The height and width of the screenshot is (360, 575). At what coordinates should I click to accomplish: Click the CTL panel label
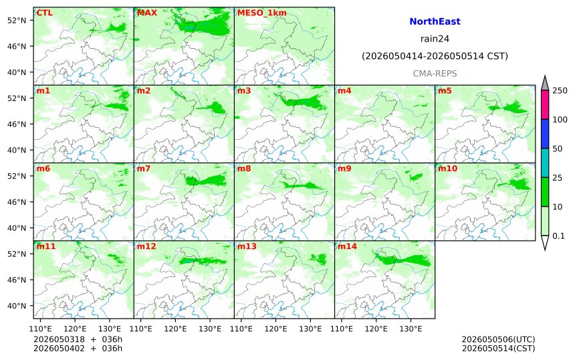44,13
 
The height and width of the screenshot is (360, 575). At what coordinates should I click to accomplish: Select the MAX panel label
146,13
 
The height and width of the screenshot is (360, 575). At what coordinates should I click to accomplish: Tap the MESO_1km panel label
262,13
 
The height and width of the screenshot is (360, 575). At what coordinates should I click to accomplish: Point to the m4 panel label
344,90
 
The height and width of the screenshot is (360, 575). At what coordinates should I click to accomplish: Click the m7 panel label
143,169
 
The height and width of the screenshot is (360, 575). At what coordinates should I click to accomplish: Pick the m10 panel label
447,169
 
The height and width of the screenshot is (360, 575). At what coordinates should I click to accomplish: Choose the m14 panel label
347,246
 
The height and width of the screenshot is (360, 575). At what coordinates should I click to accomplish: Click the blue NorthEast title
435,21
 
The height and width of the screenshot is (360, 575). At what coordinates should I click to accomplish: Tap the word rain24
435,39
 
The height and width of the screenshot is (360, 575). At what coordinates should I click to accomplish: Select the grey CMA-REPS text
435,74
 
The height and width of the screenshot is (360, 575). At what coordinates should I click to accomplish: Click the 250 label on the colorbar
560,90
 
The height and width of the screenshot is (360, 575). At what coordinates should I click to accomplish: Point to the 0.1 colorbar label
558,236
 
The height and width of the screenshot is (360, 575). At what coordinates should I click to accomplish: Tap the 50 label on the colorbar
558,149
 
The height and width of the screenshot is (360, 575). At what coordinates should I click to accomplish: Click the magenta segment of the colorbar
545,104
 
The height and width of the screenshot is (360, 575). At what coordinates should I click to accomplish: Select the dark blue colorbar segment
545,134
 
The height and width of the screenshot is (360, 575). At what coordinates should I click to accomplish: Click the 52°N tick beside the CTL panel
17,20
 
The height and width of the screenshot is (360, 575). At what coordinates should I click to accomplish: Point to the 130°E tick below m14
411,329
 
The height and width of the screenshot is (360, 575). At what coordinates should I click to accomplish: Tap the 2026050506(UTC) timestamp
498,339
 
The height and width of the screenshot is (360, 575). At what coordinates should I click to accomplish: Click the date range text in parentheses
435,56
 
